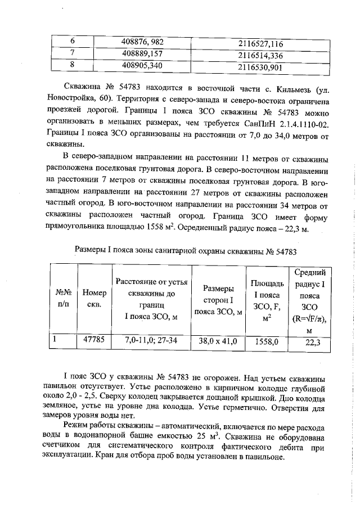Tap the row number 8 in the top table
coord(72,66)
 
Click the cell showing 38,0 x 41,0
coord(218,341)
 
